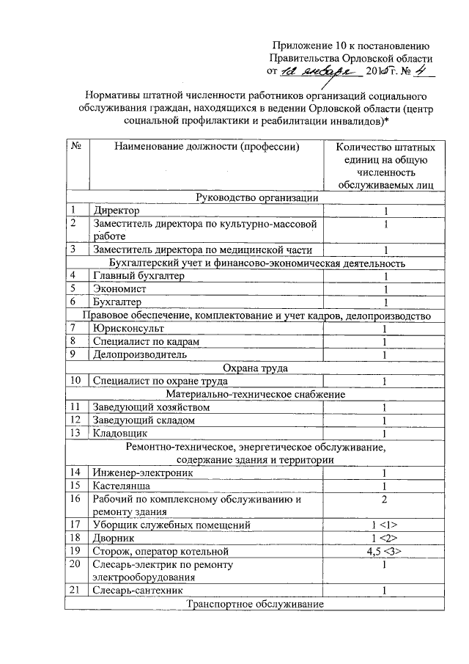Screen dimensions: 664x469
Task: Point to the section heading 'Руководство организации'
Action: click(256, 197)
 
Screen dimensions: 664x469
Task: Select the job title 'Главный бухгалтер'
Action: click(139, 275)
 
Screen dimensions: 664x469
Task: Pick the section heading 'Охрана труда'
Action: click(256, 368)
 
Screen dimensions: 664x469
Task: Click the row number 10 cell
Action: click(75, 381)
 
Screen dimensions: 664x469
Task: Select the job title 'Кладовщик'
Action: click(122, 434)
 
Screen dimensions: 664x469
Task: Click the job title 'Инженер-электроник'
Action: click(143, 473)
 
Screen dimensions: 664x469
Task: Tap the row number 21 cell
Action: click(75, 590)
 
